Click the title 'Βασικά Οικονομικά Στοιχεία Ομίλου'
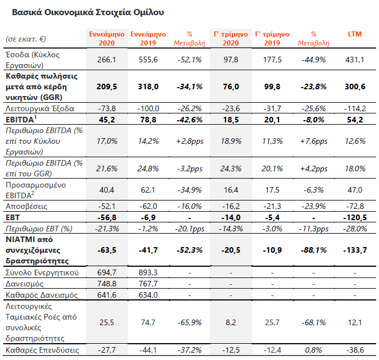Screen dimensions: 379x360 (88, 12)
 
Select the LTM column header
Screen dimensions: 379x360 (355, 34)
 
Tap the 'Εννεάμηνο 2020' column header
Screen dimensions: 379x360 (107, 38)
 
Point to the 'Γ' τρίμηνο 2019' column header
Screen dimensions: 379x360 (272, 38)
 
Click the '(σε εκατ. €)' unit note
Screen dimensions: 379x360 (26, 39)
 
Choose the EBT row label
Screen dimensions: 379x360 (12, 217)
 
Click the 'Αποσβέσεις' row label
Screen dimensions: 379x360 (26, 206)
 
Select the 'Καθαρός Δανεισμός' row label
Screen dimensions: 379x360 (42, 295)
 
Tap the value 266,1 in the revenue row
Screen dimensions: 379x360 (107, 60)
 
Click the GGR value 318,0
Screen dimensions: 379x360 (148, 86)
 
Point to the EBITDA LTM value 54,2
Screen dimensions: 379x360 (355, 120)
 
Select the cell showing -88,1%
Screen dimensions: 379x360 (313, 250)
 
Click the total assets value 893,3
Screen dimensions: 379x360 (148, 272)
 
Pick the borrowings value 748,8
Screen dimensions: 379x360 (107, 284)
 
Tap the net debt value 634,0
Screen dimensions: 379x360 (148, 295)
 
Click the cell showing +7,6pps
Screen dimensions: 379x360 (314, 141)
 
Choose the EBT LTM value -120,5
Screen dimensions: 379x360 (355, 217)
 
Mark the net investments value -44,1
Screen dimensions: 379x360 (148, 350)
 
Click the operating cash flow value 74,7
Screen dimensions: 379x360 (148, 322)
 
